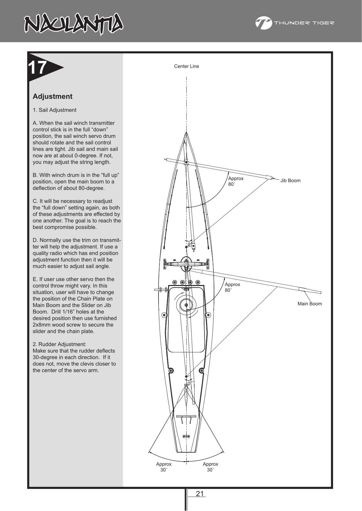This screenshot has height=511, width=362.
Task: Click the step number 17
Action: (x=38, y=68)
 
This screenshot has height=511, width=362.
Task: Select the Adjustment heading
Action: (x=52, y=96)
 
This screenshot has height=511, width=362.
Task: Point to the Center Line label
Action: (x=186, y=66)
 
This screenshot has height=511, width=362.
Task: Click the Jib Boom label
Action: (x=290, y=181)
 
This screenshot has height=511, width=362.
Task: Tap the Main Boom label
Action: (x=309, y=304)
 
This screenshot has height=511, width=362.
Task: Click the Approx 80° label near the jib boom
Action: (x=236, y=181)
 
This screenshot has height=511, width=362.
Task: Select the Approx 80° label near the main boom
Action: (x=232, y=287)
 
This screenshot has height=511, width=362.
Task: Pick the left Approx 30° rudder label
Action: (x=164, y=467)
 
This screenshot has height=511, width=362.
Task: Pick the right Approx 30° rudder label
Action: (x=210, y=467)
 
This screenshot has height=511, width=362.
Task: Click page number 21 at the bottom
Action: (x=200, y=494)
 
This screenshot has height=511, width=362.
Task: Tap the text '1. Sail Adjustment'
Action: (x=55, y=110)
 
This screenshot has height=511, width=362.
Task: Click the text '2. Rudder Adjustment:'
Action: (x=59, y=344)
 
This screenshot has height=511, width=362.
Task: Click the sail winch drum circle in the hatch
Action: (x=186, y=305)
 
